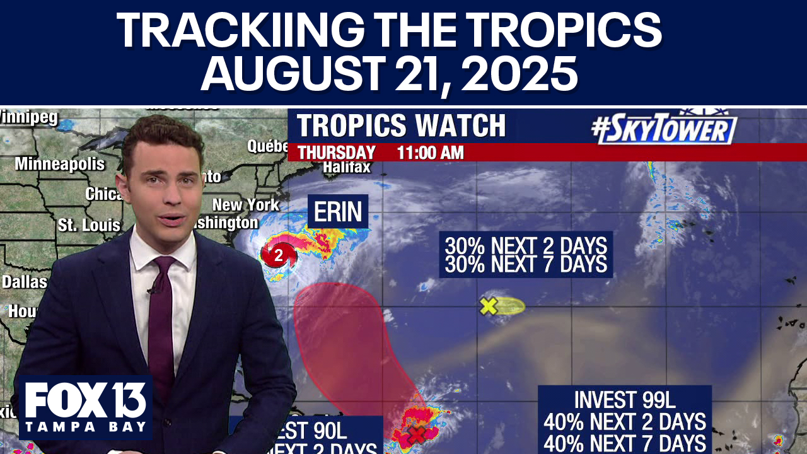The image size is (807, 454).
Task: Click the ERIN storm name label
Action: [337, 212]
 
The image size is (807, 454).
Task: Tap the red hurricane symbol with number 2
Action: [278, 255]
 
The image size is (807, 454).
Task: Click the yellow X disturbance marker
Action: [488, 306]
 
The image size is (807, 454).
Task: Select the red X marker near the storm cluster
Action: [416, 434]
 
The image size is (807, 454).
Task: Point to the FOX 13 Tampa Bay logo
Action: [85, 407]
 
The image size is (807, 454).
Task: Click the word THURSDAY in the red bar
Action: [337, 153]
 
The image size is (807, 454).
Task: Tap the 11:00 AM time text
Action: [430, 153]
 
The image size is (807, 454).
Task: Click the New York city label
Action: [245, 205]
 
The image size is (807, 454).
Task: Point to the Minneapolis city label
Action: [60, 164]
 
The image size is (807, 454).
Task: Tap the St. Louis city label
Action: [89, 225]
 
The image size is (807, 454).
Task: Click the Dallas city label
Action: [24, 281]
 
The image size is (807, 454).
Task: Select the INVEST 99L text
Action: [624, 400]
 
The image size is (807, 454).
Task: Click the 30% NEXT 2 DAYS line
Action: [526, 245]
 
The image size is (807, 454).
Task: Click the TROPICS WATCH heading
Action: [401, 125]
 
